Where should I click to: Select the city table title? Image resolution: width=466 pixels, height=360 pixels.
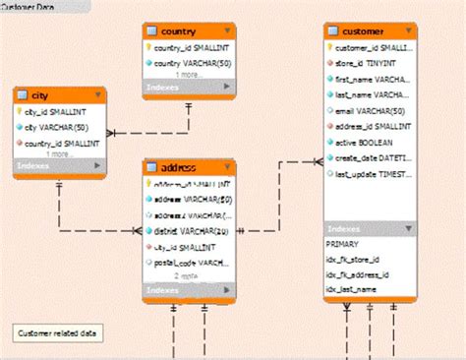tap(41, 95)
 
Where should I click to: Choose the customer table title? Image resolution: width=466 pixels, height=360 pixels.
tap(364, 31)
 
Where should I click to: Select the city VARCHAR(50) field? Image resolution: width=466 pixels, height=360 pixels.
tap(56, 126)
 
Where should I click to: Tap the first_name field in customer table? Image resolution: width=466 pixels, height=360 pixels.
tap(372, 79)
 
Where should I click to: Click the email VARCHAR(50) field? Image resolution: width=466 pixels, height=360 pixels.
tap(372, 110)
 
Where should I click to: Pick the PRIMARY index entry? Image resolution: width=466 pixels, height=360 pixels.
tap(344, 243)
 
